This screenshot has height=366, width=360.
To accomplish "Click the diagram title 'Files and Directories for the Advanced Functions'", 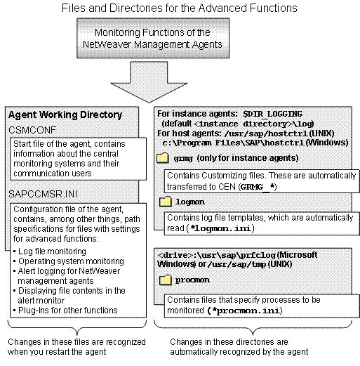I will tap(179, 9).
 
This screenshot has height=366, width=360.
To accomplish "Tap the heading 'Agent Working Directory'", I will tap(65, 115).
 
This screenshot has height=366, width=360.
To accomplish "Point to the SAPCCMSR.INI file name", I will tap(42, 190).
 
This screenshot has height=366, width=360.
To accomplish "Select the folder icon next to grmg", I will tap(166, 157).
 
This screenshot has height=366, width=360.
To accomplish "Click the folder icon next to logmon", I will tap(166, 202).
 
